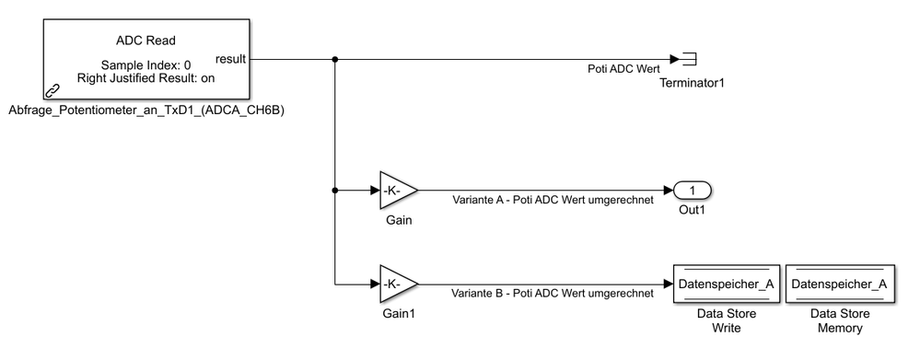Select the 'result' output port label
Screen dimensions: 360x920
(x=230, y=60)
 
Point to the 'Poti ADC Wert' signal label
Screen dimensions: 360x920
(x=623, y=70)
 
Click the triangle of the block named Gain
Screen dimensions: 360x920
(x=396, y=191)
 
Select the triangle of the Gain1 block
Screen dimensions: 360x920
(x=396, y=284)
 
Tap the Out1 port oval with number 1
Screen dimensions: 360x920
(x=692, y=191)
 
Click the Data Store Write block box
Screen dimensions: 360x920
(x=728, y=284)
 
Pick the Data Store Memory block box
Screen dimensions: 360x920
(x=839, y=284)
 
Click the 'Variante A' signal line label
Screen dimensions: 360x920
(x=553, y=201)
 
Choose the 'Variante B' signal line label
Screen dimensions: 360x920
(x=553, y=294)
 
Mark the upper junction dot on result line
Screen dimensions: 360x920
(x=334, y=60)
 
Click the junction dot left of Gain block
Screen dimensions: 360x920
(x=334, y=191)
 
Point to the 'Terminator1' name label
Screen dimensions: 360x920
(x=691, y=84)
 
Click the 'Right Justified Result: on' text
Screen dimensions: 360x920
(x=146, y=78)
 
